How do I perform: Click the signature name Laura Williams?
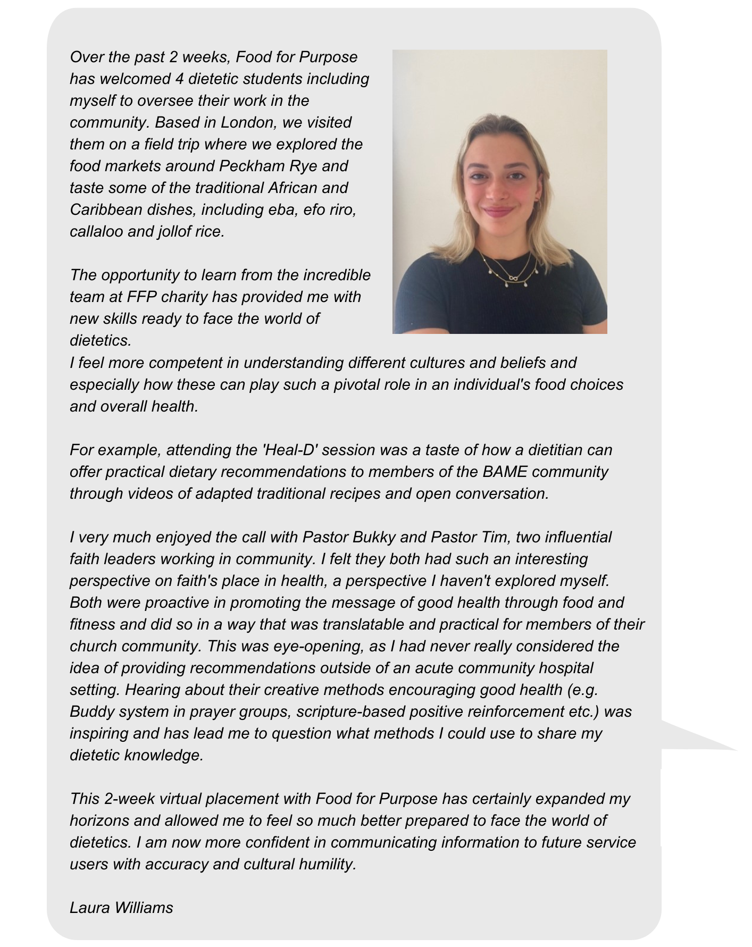(x=121, y=907)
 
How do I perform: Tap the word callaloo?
(x=96, y=231)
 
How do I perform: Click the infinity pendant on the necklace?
(x=514, y=278)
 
